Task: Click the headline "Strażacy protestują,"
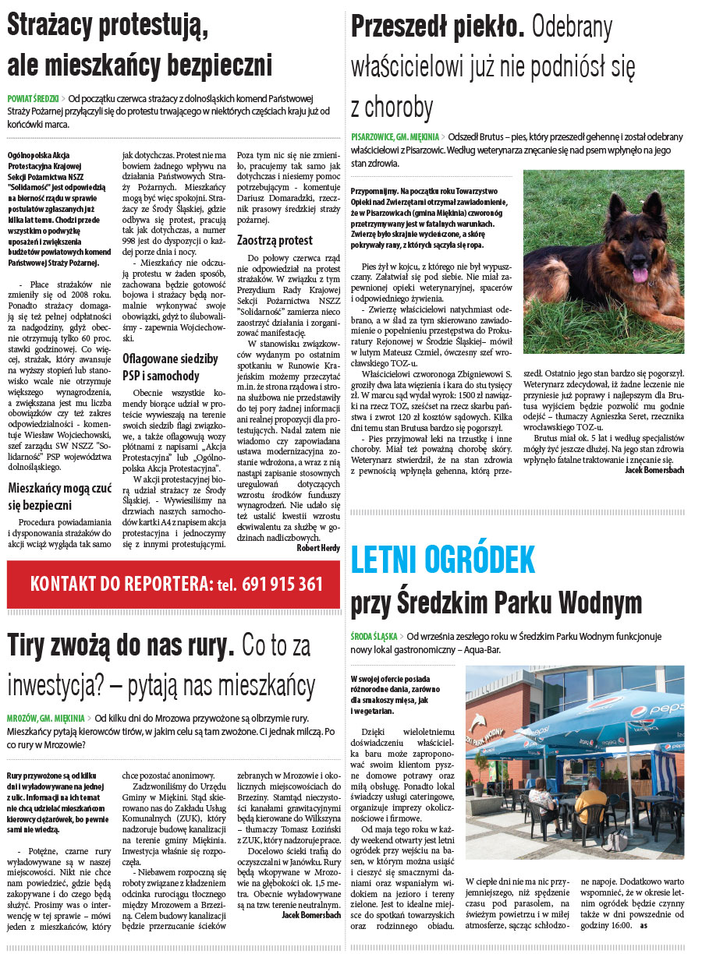click(108, 27)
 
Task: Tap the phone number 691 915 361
click(282, 584)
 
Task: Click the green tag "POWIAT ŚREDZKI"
click(34, 99)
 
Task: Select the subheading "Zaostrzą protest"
click(275, 240)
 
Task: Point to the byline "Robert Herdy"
click(318, 548)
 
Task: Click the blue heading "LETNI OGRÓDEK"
click(443, 560)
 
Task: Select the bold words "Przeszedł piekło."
click(437, 27)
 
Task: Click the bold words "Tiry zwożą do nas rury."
click(121, 646)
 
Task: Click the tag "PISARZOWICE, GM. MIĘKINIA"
click(395, 136)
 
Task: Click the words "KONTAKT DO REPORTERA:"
click(121, 584)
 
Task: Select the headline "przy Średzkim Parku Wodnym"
click(496, 602)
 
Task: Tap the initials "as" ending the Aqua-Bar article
click(643, 925)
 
